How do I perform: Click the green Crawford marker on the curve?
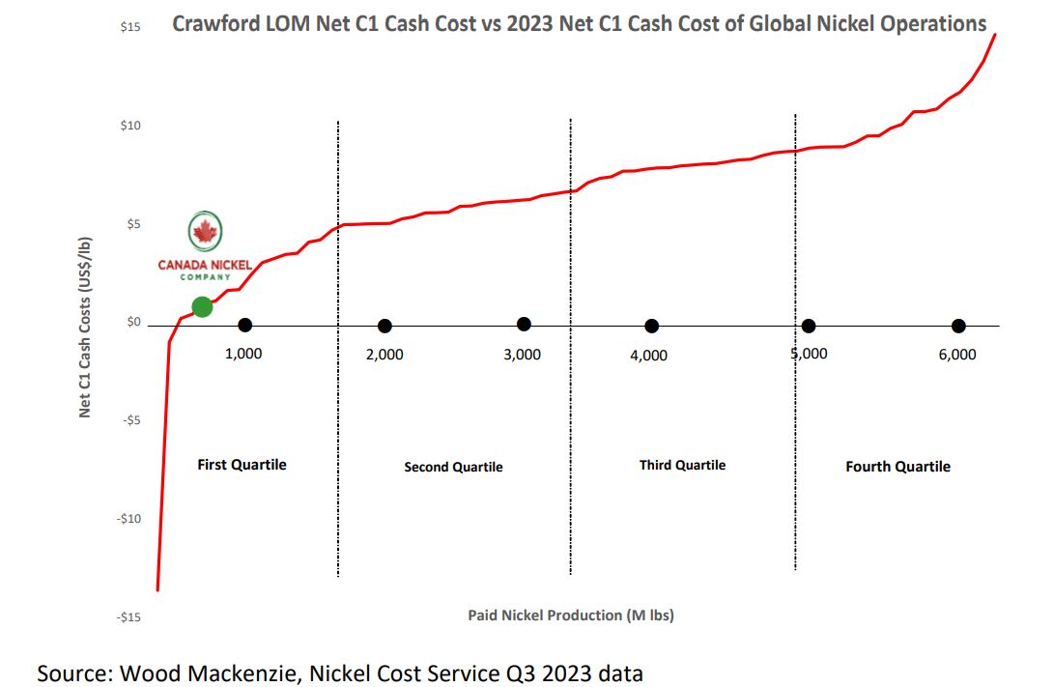pyautogui.click(x=202, y=307)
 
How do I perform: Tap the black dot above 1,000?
pyautogui.click(x=244, y=326)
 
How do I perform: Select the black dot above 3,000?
pyautogui.click(x=524, y=324)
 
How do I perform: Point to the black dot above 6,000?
pyautogui.click(x=958, y=326)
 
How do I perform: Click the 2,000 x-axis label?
pyautogui.click(x=385, y=355)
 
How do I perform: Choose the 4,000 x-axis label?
pyautogui.click(x=648, y=356)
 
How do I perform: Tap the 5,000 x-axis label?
pyautogui.click(x=809, y=354)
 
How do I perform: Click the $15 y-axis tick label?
pyautogui.click(x=131, y=27)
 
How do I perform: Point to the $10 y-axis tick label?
pyautogui.click(x=131, y=127)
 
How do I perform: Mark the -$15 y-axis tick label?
pyautogui.click(x=128, y=617)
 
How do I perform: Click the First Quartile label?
pyautogui.click(x=242, y=465)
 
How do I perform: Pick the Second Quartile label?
pyautogui.click(x=453, y=468)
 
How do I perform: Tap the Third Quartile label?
pyautogui.click(x=682, y=466)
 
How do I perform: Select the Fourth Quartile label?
pyautogui.click(x=897, y=467)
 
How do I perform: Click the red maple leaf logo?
pyautogui.click(x=204, y=231)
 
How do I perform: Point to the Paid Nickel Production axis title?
pyautogui.click(x=571, y=615)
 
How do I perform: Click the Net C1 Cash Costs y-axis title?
pyautogui.click(x=86, y=327)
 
